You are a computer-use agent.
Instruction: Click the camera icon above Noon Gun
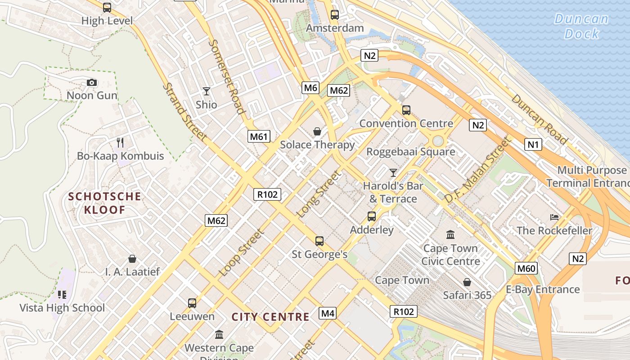click(x=92, y=82)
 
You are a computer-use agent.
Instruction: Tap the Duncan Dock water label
click(x=581, y=26)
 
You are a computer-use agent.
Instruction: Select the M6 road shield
click(x=310, y=88)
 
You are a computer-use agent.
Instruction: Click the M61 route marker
click(x=259, y=136)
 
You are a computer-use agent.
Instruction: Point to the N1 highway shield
click(x=533, y=144)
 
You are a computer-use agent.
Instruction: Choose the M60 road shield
click(x=526, y=269)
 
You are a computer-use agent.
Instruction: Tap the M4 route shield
click(x=328, y=313)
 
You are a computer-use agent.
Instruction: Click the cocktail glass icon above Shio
click(x=207, y=91)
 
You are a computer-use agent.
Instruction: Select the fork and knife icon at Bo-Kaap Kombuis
click(x=120, y=143)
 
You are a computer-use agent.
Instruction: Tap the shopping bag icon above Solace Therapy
click(x=317, y=131)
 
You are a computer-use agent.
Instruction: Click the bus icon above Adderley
click(x=372, y=216)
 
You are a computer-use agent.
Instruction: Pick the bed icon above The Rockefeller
click(x=554, y=217)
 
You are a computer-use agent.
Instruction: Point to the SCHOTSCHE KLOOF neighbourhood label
click(x=104, y=203)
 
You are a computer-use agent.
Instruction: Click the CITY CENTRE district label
click(x=270, y=317)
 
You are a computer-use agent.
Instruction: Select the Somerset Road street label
click(x=227, y=76)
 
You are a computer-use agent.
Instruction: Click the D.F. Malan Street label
click(x=478, y=170)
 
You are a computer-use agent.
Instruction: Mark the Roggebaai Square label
click(x=410, y=152)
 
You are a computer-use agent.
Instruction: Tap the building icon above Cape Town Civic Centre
click(x=450, y=234)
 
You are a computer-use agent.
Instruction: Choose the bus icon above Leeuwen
click(x=192, y=303)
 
